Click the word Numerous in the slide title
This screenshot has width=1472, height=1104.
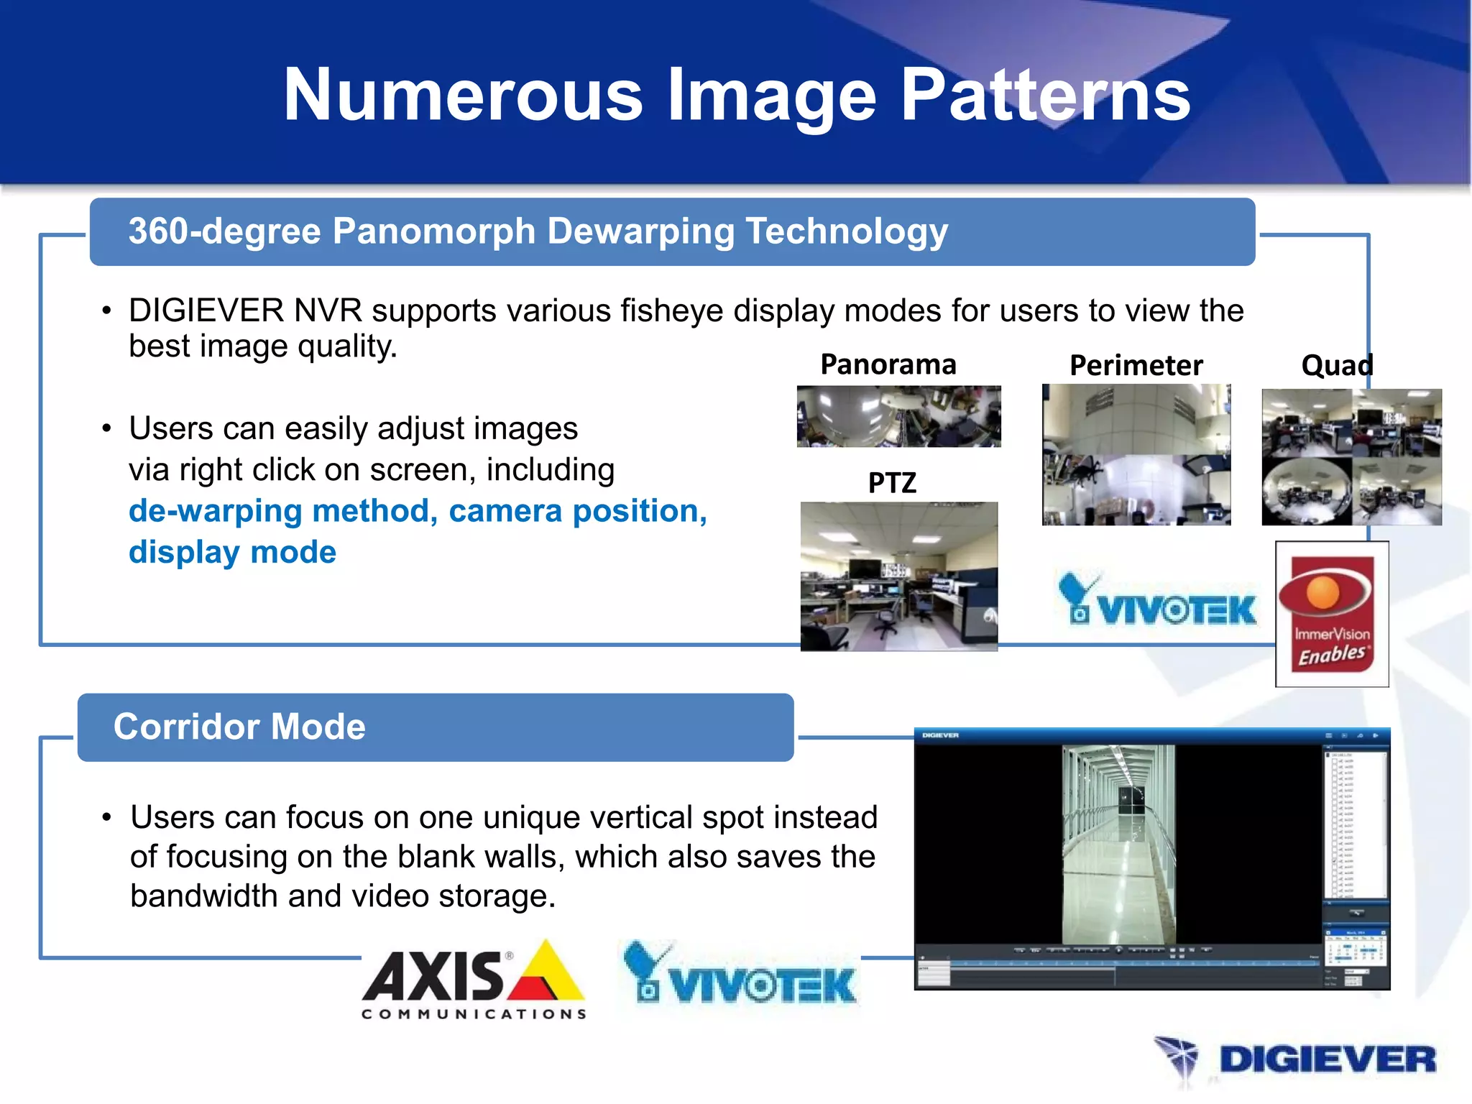point(463,95)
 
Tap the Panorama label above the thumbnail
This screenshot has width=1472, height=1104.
point(888,365)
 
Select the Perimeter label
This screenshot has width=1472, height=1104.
point(1136,366)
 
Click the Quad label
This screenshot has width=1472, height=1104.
point(1337,366)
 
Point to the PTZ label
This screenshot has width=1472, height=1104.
point(892,483)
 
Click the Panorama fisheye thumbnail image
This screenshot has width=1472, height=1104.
point(898,416)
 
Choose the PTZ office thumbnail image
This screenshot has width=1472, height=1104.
point(898,576)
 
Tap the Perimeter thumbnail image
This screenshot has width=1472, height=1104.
point(1136,454)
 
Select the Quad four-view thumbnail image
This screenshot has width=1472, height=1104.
point(1351,457)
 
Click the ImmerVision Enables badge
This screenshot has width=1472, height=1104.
point(1332,614)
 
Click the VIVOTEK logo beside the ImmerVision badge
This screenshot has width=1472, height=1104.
point(1157,601)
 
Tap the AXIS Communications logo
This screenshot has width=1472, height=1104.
point(474,979)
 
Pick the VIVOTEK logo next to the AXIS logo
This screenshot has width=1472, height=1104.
point(740,975)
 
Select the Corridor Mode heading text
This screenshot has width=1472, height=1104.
point(239,727)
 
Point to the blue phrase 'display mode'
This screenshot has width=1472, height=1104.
point(232,552)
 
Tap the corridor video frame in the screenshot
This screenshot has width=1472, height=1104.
point(1118,844)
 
